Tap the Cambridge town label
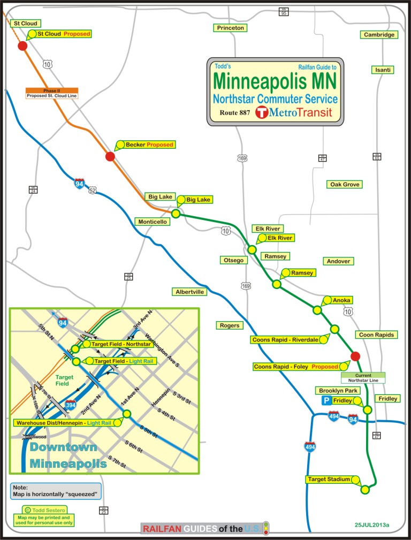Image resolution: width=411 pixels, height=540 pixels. click(379, 35)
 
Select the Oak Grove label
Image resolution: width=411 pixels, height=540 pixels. click(345, 184)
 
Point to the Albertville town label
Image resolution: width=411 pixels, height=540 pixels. click(190, 292)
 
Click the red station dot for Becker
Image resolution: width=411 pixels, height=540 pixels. click(110, 156)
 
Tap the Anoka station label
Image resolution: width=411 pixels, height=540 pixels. click(341, 300)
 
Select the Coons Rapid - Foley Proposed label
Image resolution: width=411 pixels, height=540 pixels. click(296, 367)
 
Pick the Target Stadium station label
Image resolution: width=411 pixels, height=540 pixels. click(329, 480)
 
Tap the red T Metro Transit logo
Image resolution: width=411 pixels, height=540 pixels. click(261, 112)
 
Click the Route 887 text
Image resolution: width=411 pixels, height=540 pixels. click(234, 113)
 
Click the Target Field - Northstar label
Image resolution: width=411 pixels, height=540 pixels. click(120, 344)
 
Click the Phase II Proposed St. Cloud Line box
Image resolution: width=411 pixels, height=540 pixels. click(52, 93)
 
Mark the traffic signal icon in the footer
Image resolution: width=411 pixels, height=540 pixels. click(266, 528)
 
